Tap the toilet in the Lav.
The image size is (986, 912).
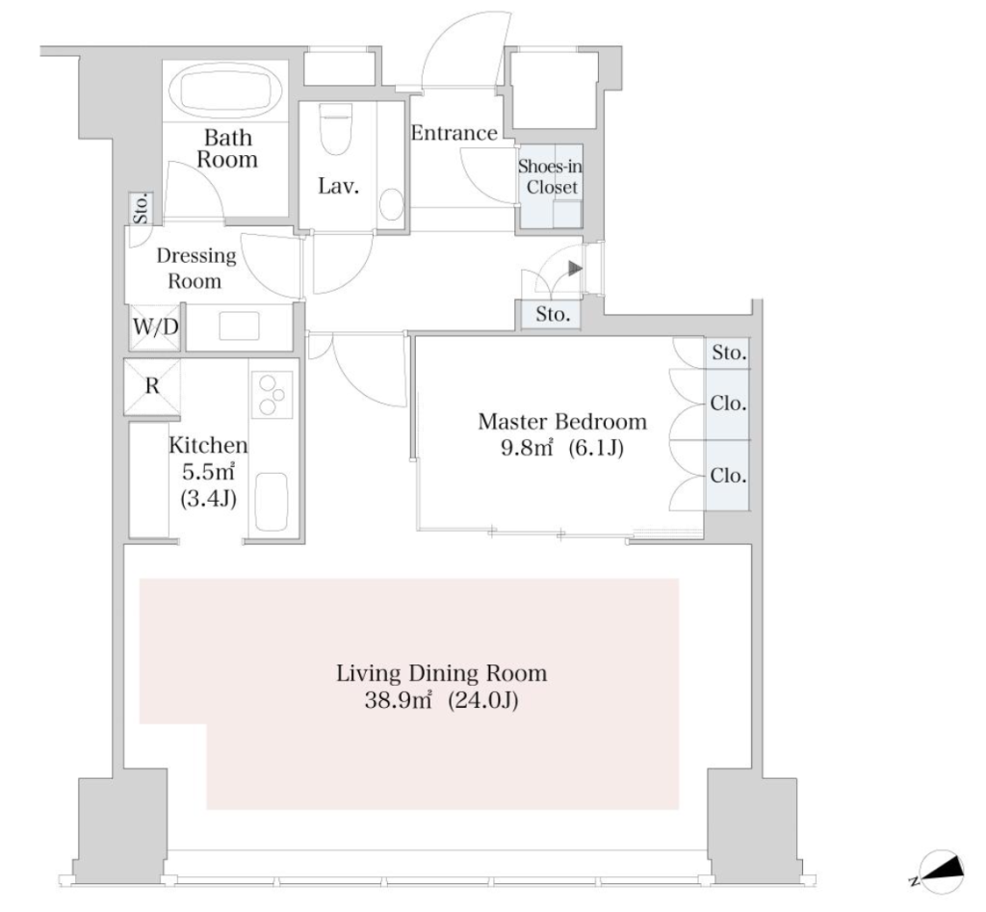click(x=335, y=129)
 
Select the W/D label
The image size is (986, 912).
click(x=155, y=326)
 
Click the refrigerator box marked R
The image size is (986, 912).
click(x=152, y=386)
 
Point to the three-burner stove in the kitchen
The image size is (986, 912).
click(x=272, y=394)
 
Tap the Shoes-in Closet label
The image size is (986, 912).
click(x=550, y=177)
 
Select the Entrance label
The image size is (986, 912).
click(x=454, y=133)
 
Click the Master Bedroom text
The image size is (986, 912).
click(x=562, y=422)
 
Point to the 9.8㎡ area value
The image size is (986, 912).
click(x=527, y=449)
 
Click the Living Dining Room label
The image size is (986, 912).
click(x=441, y=673)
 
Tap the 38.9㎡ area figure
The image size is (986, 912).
click(x=398, y=700)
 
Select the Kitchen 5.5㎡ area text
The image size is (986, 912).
click(x=208, y=472)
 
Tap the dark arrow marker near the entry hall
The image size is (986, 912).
click(x=575, y=269)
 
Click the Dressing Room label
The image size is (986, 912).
click(x=196, y=268)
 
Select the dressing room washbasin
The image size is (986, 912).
click(x=239, y=326)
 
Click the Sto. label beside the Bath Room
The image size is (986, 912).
click(x=141, y=208)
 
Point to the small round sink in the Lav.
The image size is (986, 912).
click(x=391, y=203)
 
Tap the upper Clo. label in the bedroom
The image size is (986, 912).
click(x=728, y=404)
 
